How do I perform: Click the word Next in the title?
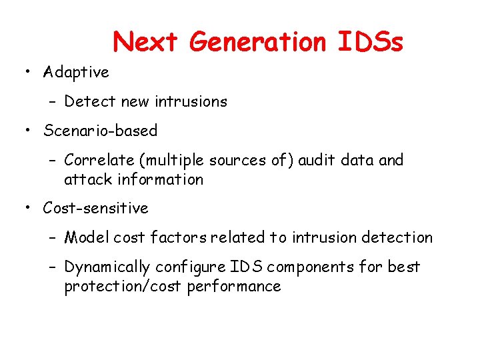145,42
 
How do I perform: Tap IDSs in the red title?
369,42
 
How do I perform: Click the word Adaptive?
76,71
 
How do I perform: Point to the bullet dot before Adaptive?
29,72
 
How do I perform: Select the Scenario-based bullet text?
100,131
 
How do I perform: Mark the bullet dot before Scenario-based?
29,131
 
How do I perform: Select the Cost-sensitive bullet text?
95,208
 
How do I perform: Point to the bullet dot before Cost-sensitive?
29,209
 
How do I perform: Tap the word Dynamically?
107,267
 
